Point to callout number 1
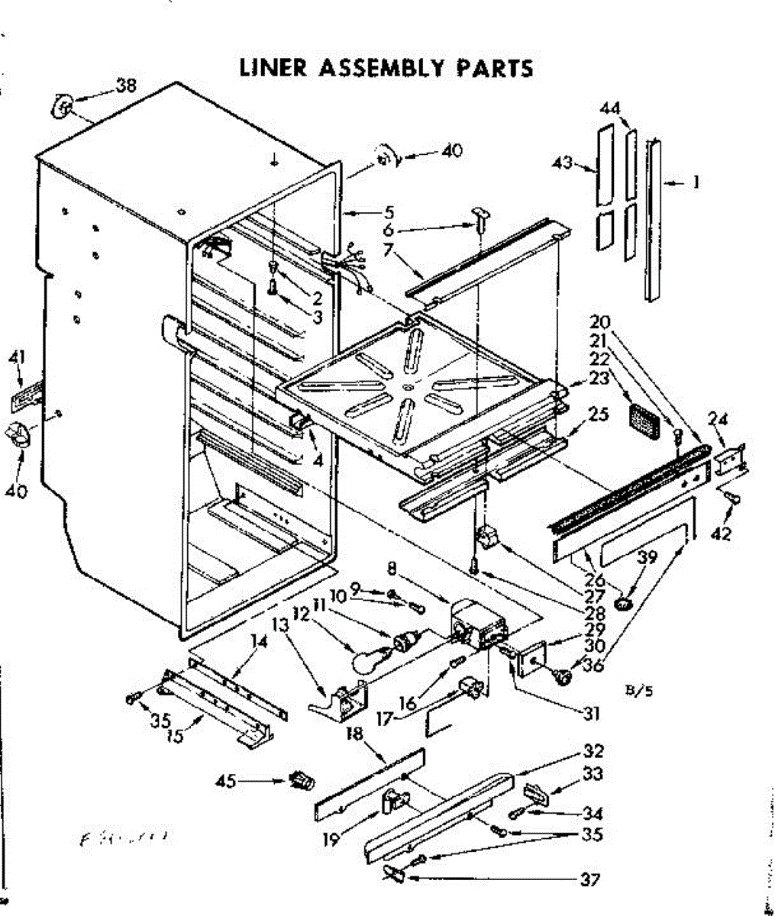tap(696, 182)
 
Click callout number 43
tap(563, 163)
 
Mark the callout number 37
tap(589, 880)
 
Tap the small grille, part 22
tap(644, 421)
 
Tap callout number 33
tap(593, 774)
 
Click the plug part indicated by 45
tap(303, 781)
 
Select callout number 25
tap(599, 414)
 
